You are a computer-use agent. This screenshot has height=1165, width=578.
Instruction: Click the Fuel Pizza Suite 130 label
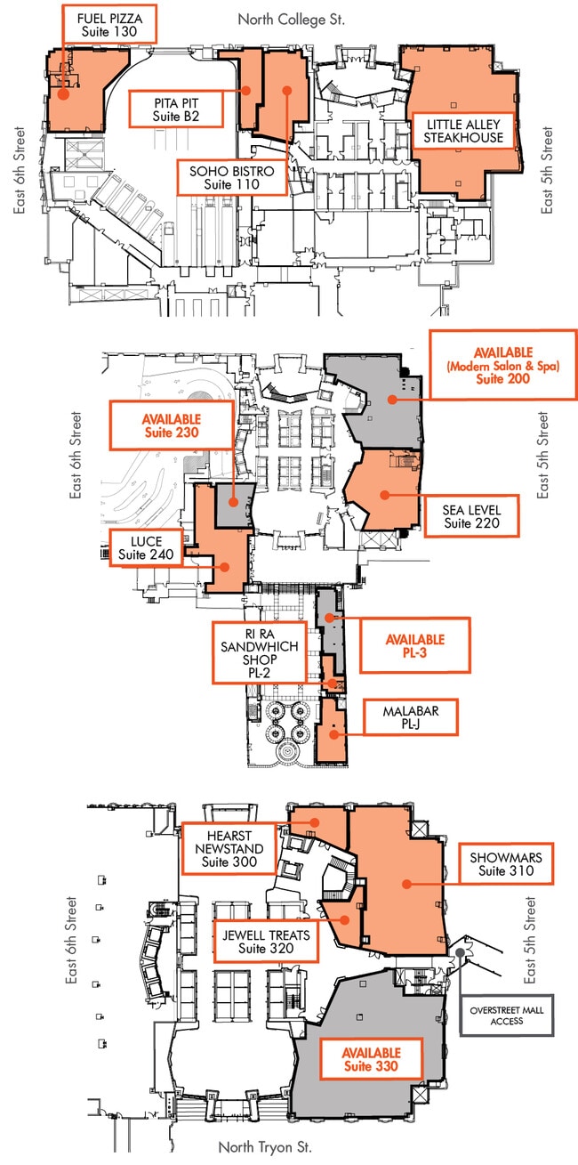[109, 23]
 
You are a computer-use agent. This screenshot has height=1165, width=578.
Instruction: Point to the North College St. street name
[292, 19]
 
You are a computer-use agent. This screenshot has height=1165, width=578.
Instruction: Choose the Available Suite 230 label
[171, 425]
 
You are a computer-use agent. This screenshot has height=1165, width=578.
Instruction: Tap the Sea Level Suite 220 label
[471, 517]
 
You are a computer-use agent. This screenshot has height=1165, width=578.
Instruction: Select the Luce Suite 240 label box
[146, 548]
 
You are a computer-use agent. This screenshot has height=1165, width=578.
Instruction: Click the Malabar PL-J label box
[411, 717]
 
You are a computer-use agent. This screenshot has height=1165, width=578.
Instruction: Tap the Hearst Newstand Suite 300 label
[229, 848]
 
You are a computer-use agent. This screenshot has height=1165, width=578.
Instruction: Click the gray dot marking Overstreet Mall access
[460, 952]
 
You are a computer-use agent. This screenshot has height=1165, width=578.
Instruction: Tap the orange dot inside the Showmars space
[405, 884]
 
